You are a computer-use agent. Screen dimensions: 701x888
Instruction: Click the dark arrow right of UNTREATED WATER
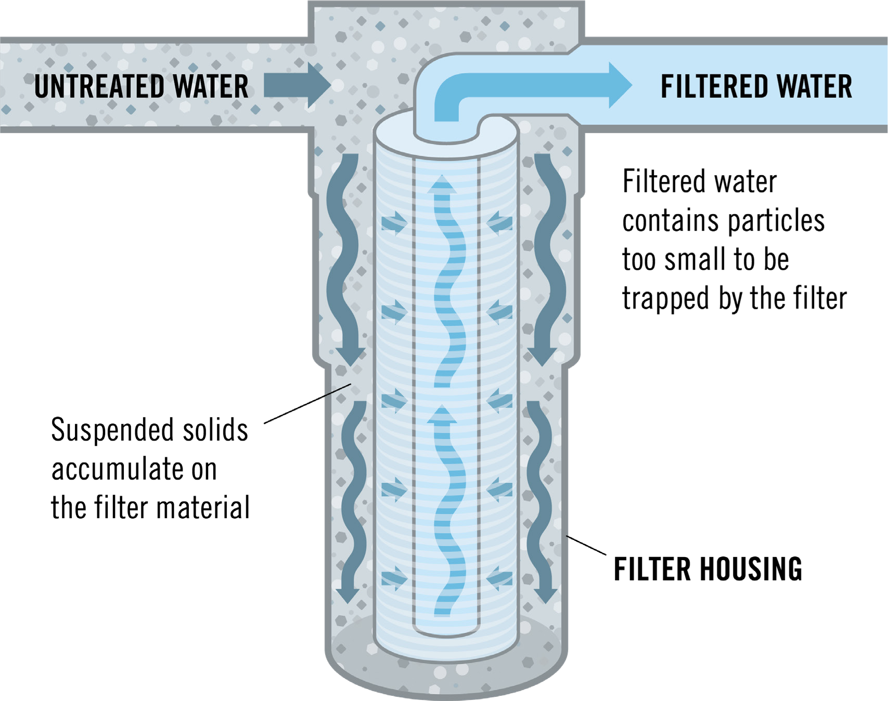(x=297, y=85)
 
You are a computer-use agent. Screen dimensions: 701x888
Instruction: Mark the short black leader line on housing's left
(x=337, y=390)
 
